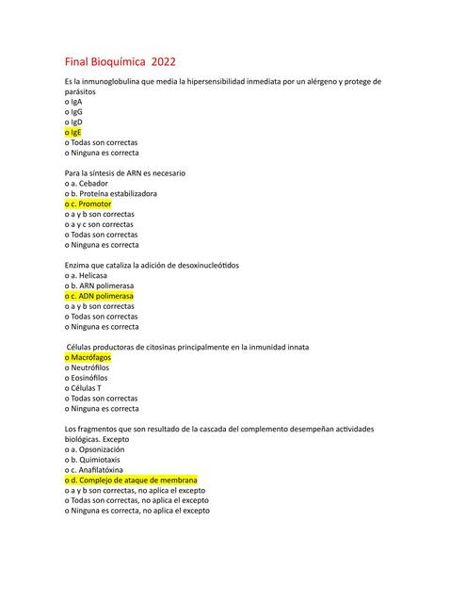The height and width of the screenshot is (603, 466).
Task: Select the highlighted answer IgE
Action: pos(72,132)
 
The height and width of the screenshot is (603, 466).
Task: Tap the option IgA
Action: pos(72,101)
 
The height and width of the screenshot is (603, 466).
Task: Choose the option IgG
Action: pos(72,111)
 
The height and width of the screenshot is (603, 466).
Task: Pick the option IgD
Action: pos(72,122)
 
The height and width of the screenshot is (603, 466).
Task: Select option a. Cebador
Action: pos(93,183)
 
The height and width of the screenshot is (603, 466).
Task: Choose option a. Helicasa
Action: pos(91,275)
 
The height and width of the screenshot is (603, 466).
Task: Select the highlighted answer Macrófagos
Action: pos(88,358)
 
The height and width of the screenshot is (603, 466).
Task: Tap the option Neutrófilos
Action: pos(87,367)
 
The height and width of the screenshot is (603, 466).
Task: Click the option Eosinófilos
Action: pos(86,378)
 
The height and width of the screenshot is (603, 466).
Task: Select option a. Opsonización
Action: pos(99,449)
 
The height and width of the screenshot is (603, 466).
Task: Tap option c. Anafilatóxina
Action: pos(98,469)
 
